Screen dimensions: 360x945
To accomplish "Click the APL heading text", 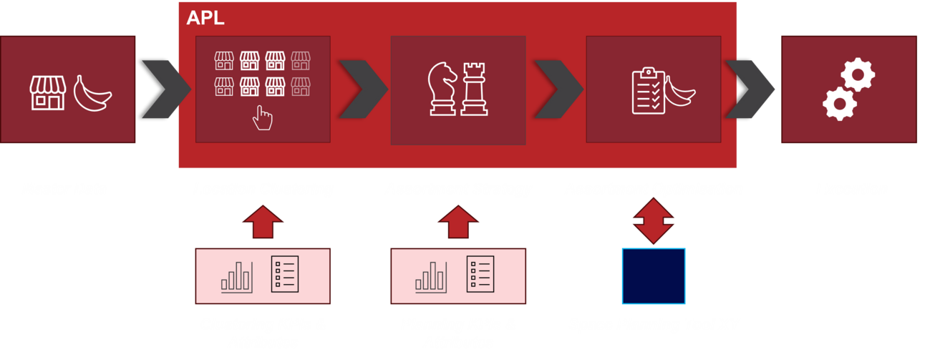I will (x=205, y=18).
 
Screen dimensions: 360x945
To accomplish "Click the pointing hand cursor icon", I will (x=263, y=117).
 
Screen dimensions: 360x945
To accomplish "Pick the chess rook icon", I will (x=474, y=88).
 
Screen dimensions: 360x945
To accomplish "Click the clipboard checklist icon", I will (x=649, y=91).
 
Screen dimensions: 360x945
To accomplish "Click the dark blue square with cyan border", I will (x=653, y=276).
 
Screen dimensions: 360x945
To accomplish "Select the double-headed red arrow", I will (x=653, y=220).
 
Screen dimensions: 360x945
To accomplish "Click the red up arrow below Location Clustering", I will (x=263, y=222).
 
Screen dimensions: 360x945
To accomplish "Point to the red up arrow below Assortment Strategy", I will (x=458, y=222).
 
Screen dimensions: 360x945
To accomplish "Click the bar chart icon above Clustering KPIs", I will (x=237, y=276).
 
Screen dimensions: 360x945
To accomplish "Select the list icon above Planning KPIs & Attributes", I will (x=480, y=274).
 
